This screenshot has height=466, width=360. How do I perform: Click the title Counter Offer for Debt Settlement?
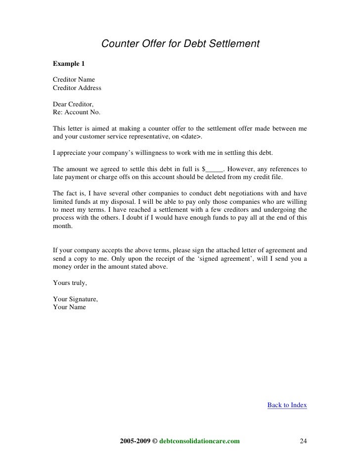click(x=180, y=44)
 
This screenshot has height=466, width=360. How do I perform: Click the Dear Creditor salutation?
click(x=72, y=104)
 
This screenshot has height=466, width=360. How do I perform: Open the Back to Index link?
click(x=287, y=405)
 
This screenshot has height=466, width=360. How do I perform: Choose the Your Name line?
click(x=69, y=307)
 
